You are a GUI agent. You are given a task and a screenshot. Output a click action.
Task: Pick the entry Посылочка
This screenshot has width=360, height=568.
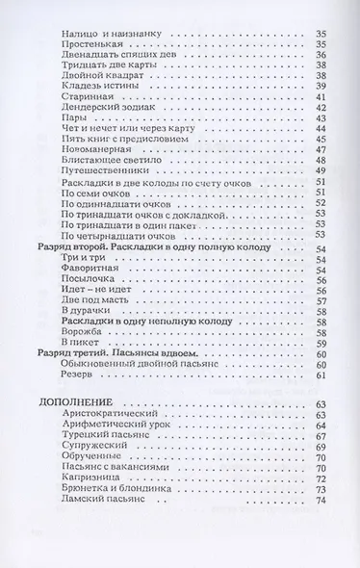[85, 287]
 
